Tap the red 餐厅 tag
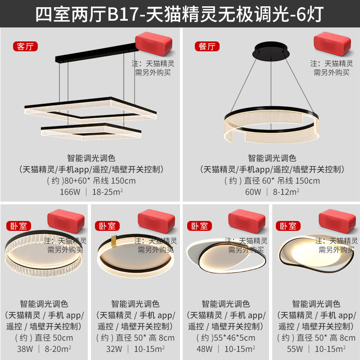pos(207,46)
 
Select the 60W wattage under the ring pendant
pos(253,192)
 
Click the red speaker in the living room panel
pos(153,44)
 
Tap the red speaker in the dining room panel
pos(332,44)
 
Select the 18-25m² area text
pos(108,192)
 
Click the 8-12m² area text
pos(285,192)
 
